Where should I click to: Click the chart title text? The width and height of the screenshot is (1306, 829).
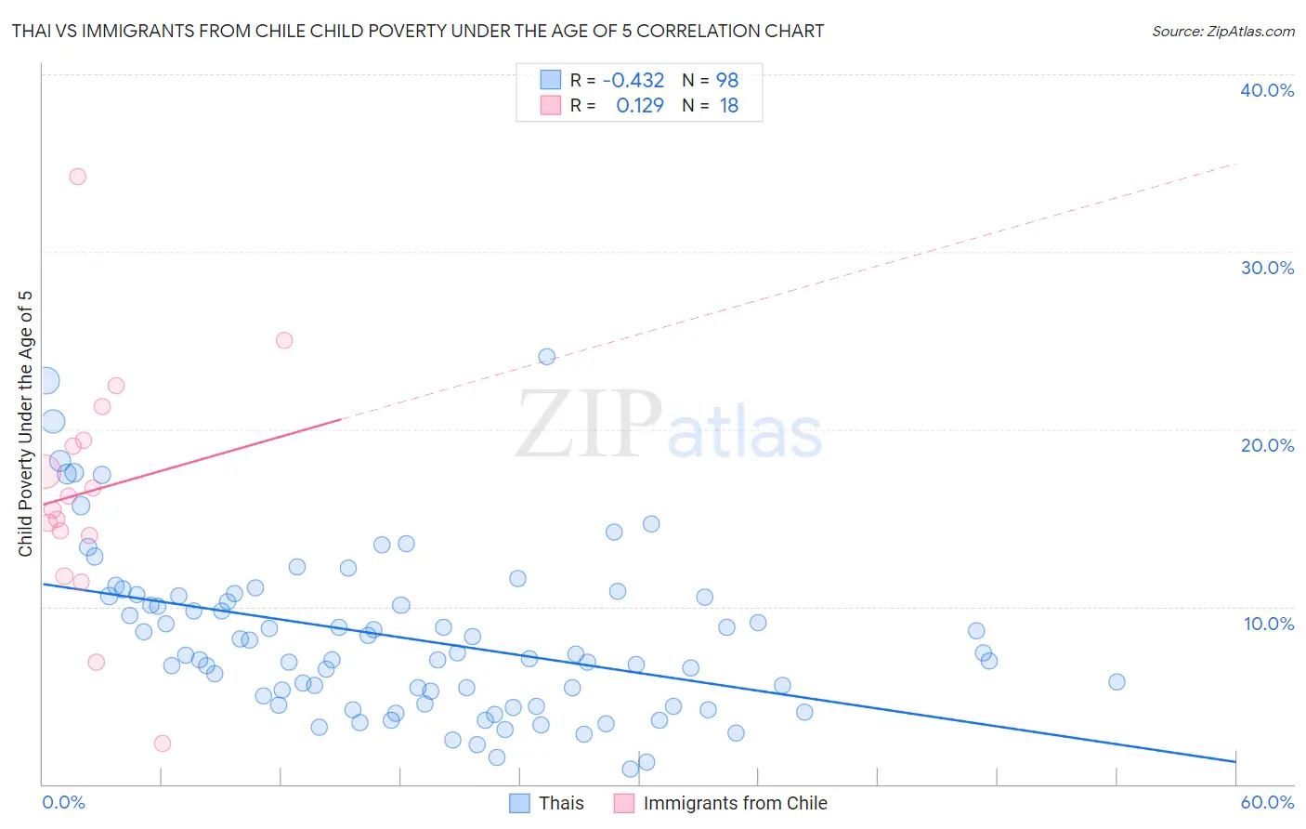pos(418,32)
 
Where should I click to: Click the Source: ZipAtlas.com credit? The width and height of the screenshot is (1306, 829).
pos(1222,32)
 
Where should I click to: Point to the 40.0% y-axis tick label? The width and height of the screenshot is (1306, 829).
pos(1267,90)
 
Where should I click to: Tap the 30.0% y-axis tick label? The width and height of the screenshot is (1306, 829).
pos(1267,268)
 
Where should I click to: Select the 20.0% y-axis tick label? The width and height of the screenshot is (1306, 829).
pos(1267,445)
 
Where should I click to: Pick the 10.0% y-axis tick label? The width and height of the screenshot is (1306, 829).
pos(1267,624)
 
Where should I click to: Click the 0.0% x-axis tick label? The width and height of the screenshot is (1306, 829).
pos(63,802)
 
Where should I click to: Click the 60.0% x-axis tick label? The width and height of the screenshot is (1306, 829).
pos(1267,802)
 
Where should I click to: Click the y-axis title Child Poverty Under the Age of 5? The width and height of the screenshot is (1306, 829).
pos(26,424)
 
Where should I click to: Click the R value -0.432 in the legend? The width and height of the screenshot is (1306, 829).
pos(633,81)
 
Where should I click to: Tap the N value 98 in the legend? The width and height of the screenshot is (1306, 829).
pos(726,81)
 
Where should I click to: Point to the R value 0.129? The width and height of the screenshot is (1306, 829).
pos(640,106)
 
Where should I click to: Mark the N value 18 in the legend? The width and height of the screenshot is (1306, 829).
pos(728,106)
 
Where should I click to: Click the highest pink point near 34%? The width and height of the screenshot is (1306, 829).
pos(78,177)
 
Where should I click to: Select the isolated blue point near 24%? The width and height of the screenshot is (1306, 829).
pos(547,357)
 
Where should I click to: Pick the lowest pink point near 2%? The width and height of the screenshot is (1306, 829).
pos(163,743)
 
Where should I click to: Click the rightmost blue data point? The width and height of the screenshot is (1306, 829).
pos(1117,682)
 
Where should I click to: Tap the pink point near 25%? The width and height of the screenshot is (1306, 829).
pos(284,340)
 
